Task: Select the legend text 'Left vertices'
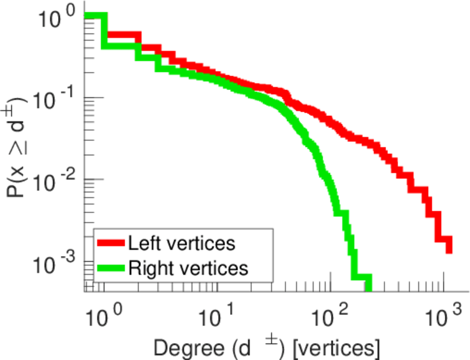181,244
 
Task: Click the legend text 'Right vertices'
188,268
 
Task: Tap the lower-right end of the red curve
448,251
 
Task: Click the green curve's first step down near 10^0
103,30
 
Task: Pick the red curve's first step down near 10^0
103,25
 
